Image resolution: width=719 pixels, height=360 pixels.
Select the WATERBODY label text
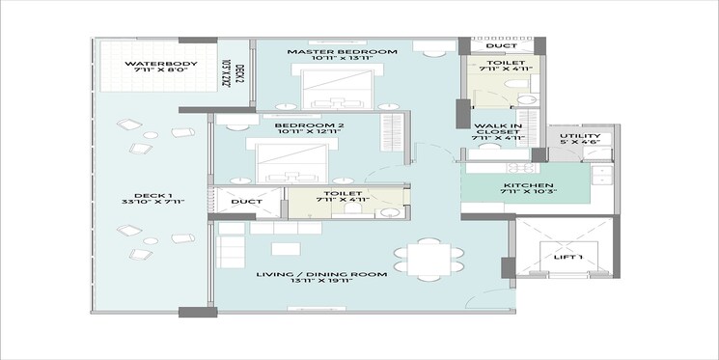[161, 64]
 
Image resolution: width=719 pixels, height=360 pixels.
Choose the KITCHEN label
[528, 185]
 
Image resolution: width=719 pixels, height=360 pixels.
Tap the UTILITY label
[581, 136]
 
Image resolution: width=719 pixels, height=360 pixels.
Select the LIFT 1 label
[570, 258]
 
